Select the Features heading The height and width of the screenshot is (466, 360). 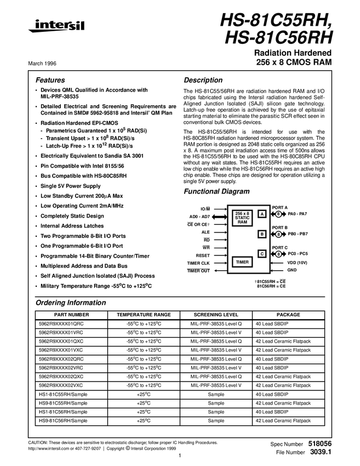[50, 80]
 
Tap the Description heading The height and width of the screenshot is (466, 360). [203, 80]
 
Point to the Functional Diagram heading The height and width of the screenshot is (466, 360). [216, 191]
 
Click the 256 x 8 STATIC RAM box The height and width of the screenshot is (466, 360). [242, 218]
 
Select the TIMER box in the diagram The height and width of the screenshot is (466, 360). [242, 263]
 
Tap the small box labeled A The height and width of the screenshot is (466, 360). [262, 213]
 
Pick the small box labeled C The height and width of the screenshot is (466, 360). [262, 254]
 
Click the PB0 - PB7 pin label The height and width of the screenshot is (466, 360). [298, 234]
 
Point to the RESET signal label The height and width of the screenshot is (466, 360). [203, 255]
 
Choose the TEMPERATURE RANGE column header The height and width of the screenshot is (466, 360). [144, 315]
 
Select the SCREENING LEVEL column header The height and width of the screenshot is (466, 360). [216, 315]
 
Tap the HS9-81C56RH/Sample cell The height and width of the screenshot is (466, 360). [63, 420]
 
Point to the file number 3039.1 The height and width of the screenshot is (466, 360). [321, 452]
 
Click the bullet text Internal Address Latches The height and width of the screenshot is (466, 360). [72, 226]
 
